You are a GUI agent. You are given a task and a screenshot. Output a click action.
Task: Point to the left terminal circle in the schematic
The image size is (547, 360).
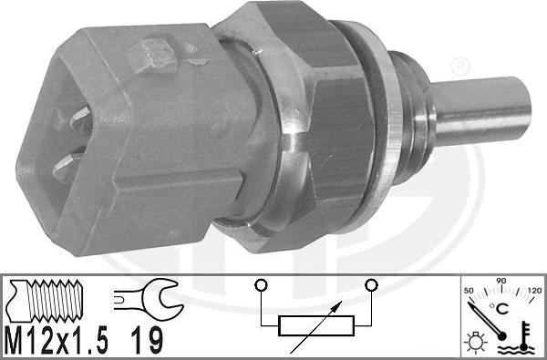click(261, 285)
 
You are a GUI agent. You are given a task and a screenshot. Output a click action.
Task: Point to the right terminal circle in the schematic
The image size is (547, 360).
click(370, 285)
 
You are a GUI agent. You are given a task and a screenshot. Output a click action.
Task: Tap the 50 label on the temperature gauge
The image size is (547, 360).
click(470, 289)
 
